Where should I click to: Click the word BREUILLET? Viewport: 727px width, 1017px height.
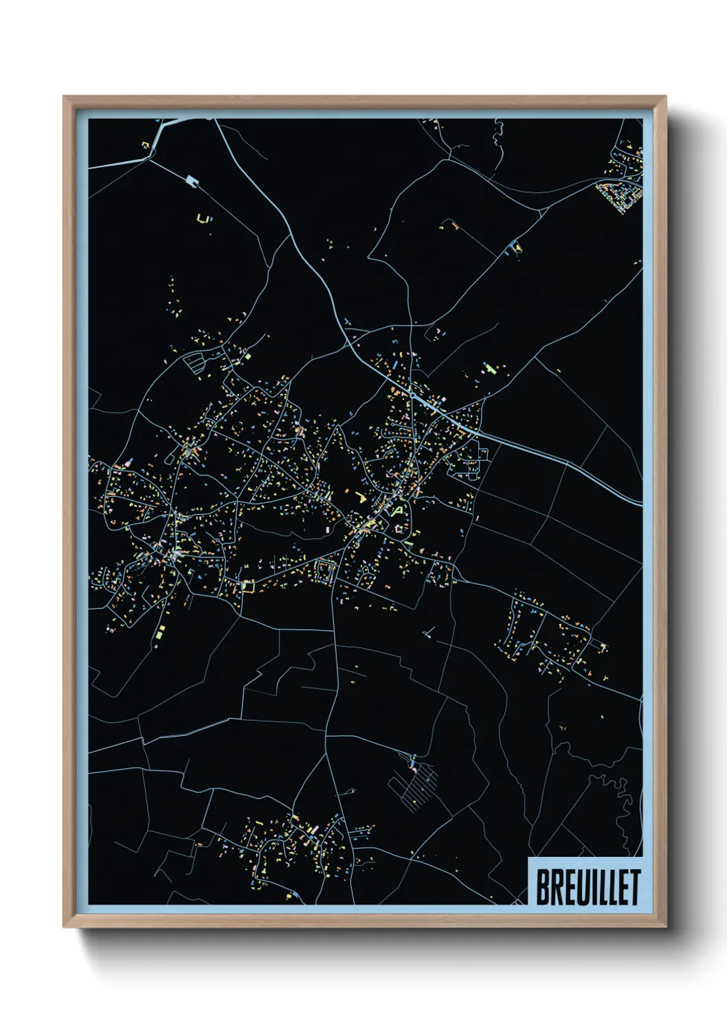click(x=588, y=887)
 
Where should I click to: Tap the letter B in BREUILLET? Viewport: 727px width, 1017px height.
click(x=541, y=887)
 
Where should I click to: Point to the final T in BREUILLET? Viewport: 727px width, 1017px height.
click(x=635, y=887)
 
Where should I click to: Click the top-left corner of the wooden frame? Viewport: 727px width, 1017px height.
click(x=64, y=98)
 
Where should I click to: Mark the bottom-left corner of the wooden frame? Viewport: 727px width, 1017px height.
click(x=64, y=927)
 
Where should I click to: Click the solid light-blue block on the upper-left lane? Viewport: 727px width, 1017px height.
click(x=192, y=181)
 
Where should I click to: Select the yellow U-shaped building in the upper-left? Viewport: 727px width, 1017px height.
click(x=202, y=219)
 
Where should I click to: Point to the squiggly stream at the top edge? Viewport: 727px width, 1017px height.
click(x=497, y=135)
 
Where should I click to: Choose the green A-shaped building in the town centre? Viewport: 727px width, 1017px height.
click(x=396, y=511)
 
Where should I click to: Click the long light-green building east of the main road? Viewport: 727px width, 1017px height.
click(x=490, y=369)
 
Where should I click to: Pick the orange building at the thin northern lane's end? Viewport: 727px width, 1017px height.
click(x=454, y=224)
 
